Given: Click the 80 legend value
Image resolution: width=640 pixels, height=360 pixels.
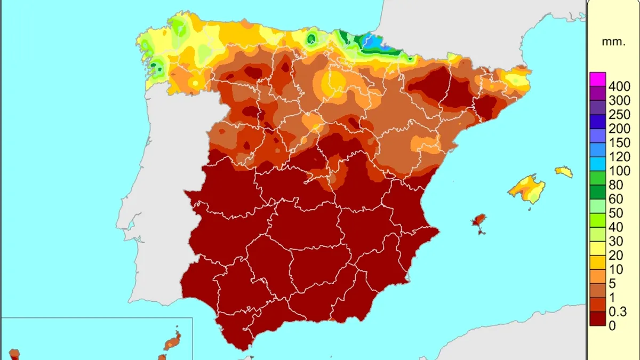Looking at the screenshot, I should click(615, 185).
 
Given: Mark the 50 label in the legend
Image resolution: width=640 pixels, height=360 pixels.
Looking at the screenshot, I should click(615, 213).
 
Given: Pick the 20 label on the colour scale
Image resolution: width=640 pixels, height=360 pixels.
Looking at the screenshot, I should click(615, 256).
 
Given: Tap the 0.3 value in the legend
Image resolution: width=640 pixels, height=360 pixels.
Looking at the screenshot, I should click(618, 312).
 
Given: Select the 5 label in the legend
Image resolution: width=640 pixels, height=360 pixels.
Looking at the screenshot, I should click(612, 284).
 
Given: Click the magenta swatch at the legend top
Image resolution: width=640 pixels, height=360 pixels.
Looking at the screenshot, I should click(597, 79).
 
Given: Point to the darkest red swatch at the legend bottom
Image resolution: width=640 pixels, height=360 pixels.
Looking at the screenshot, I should click(597, 318).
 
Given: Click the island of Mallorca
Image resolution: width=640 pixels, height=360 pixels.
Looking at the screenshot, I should click(527, 188).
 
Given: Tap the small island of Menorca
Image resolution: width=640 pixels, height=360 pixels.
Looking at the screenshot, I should click(564, 172).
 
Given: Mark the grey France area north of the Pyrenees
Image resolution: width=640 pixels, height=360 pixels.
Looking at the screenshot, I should click(480, 32).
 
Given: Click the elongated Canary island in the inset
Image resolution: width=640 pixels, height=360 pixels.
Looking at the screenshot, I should click(173, 341).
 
